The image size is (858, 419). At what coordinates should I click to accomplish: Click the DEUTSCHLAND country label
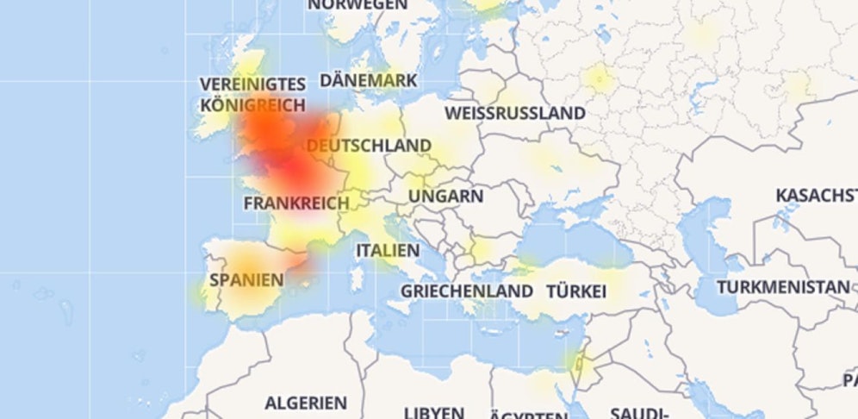click(x=369, y=146)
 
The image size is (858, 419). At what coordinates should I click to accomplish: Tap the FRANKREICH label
click(x=296, y=203)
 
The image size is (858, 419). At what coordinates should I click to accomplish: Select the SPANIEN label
click(x=246, y=280)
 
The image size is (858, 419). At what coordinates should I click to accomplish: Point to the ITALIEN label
click(x=388, y=251)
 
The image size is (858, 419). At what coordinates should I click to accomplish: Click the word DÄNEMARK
click(x=369, y=80)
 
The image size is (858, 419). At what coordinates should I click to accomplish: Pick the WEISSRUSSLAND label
click(x=514, y=113)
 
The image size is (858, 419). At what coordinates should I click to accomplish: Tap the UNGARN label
click(x=445, y=197)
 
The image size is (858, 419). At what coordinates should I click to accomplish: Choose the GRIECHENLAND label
click(x=466, y=291)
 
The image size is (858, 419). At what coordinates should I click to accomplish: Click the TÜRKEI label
click(x=576, y=291)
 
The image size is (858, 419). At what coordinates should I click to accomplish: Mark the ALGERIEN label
click(x=306, y=403)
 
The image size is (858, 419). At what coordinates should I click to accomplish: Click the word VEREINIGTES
click(x=252, y=84)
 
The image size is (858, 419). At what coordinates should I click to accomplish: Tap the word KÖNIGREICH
click(x=252, y=105)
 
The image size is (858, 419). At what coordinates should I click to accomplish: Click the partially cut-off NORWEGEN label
click(x=357, y=5)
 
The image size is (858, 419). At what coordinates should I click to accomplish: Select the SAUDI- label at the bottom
click(x=638, y=412)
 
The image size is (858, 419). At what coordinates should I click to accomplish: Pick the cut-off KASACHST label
click(x=816, y=196)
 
